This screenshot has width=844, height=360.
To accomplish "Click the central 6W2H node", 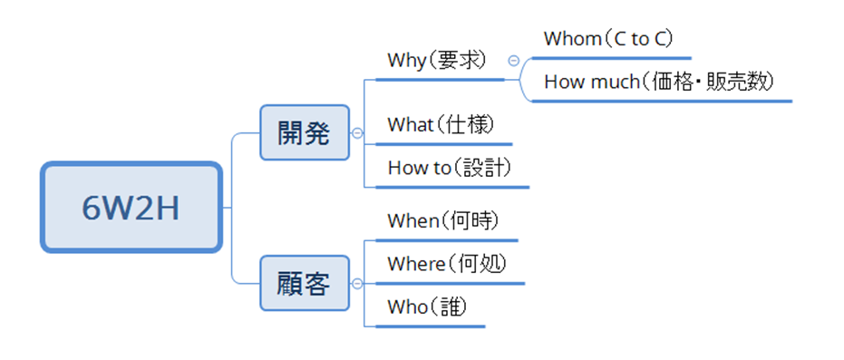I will point(131,208).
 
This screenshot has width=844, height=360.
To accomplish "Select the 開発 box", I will point(304,132).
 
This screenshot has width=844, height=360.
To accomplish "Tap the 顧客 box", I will point(304,283).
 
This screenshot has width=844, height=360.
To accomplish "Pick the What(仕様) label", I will point(441,125).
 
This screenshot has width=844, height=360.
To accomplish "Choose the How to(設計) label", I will point(450,168).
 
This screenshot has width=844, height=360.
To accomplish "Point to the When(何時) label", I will point(443,220).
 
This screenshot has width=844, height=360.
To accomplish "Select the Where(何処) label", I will point(446,264).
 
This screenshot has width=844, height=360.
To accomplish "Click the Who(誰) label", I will point(427,307).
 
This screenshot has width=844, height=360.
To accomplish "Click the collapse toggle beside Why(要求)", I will point(514,61).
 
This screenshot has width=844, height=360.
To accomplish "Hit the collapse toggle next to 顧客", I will point(357,283).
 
